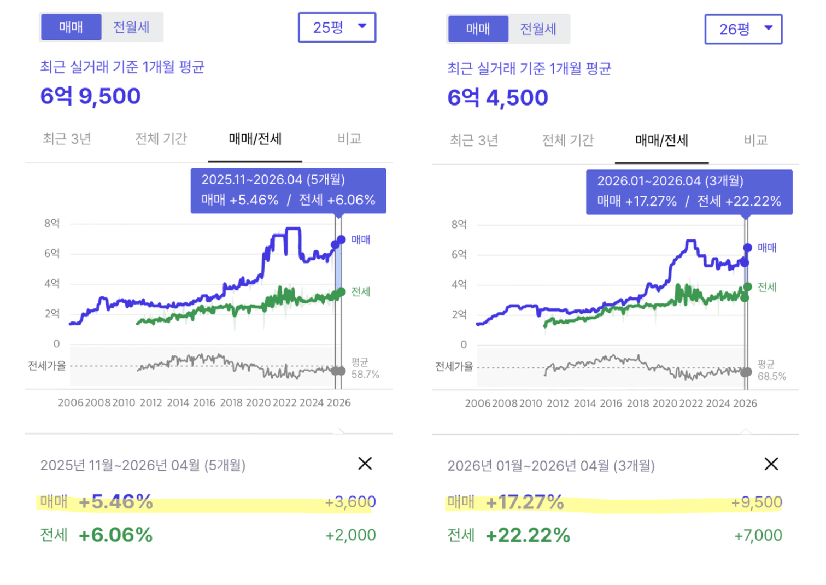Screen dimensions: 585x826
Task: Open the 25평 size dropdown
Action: coord(337,27)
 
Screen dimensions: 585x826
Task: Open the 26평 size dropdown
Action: coord(743,29)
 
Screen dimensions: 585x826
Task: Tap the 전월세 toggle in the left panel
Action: coord(131,27)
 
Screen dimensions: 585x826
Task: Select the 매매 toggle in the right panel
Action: coord(478,29)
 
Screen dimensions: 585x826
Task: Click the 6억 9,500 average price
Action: coord(91,96)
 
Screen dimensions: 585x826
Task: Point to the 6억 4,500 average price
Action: coord(497,98)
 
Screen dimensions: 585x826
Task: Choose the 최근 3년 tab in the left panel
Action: coord(67,139)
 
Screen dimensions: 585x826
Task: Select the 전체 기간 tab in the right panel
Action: coord(567,141)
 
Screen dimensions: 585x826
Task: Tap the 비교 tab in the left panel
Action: coord(349,139)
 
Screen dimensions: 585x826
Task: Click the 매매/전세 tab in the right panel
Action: coord(661,141)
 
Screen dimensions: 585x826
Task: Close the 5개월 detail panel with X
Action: coord(365,464)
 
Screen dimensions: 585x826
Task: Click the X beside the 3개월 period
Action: coord(771,464)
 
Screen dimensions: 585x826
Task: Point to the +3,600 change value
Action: coord(350,502)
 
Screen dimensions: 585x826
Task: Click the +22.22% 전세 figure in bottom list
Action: coord(528,535)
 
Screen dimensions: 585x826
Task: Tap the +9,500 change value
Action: coord(757,502)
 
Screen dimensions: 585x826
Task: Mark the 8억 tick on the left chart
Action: coord(52,223)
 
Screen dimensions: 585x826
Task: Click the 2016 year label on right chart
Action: coord(611,403)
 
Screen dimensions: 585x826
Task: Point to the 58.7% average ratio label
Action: coord(365,375)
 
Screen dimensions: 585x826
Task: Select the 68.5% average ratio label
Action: coord(771,376)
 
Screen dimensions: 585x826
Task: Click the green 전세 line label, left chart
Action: coord(361,291)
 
